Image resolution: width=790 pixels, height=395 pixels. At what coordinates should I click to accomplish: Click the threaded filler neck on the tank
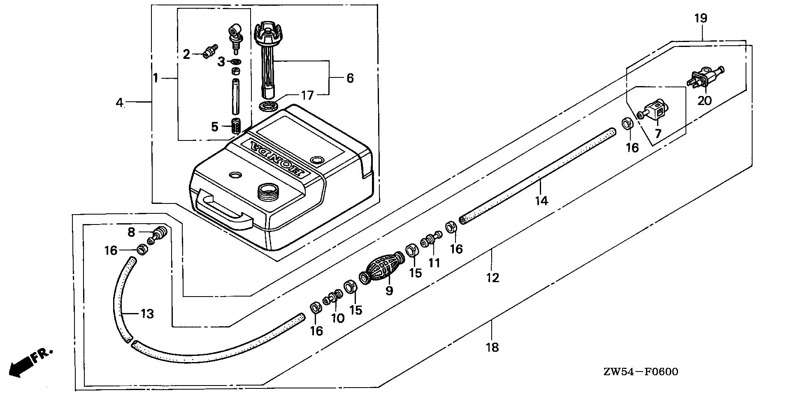coord(268,192)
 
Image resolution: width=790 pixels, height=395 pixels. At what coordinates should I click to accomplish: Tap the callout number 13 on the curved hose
coord(147,314)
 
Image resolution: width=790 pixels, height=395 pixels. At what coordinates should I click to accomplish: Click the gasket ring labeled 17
coord(268,105)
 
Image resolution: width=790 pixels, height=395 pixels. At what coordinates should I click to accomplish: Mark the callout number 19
coord(701,18)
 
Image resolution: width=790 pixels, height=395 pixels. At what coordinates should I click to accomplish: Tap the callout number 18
coord(492,347)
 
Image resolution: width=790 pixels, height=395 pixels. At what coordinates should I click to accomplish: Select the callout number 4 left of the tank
coord(119,103)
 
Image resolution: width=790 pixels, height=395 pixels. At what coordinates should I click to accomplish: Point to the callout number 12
coord(492,278)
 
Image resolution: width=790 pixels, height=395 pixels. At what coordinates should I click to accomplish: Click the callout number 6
coord(350,78)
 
